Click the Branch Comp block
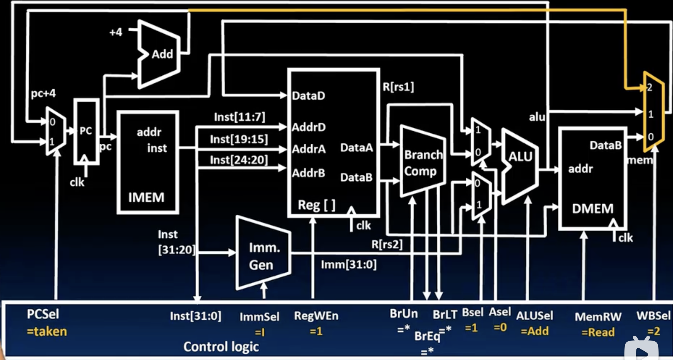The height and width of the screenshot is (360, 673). click(423, 163)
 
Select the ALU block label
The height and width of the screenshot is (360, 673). click(520, 157)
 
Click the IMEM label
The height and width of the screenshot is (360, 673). click(146, 198)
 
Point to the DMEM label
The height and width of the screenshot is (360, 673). click(592, 209)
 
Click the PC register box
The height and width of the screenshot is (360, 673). click(86, 131)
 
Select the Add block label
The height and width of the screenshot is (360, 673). click(162, 54)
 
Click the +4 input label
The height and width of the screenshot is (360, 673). click(116, 32)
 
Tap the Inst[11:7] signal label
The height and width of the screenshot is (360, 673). click(239, 117)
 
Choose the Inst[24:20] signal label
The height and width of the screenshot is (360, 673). click(239, 160)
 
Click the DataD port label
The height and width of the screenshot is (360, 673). click(308, 96)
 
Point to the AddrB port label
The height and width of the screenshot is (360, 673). click(308, 173)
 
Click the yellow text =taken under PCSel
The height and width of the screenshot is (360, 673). click(47, 332)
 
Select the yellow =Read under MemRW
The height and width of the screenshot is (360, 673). click(598, 332)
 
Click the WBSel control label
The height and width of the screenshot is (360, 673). click(653, 316)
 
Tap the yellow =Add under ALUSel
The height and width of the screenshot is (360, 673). click(534, 331)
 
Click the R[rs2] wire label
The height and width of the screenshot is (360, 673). click(387, 244)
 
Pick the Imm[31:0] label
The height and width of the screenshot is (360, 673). click(348, 264)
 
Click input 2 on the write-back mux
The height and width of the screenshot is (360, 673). click(649, 87)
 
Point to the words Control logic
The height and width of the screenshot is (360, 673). click(221, 347)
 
